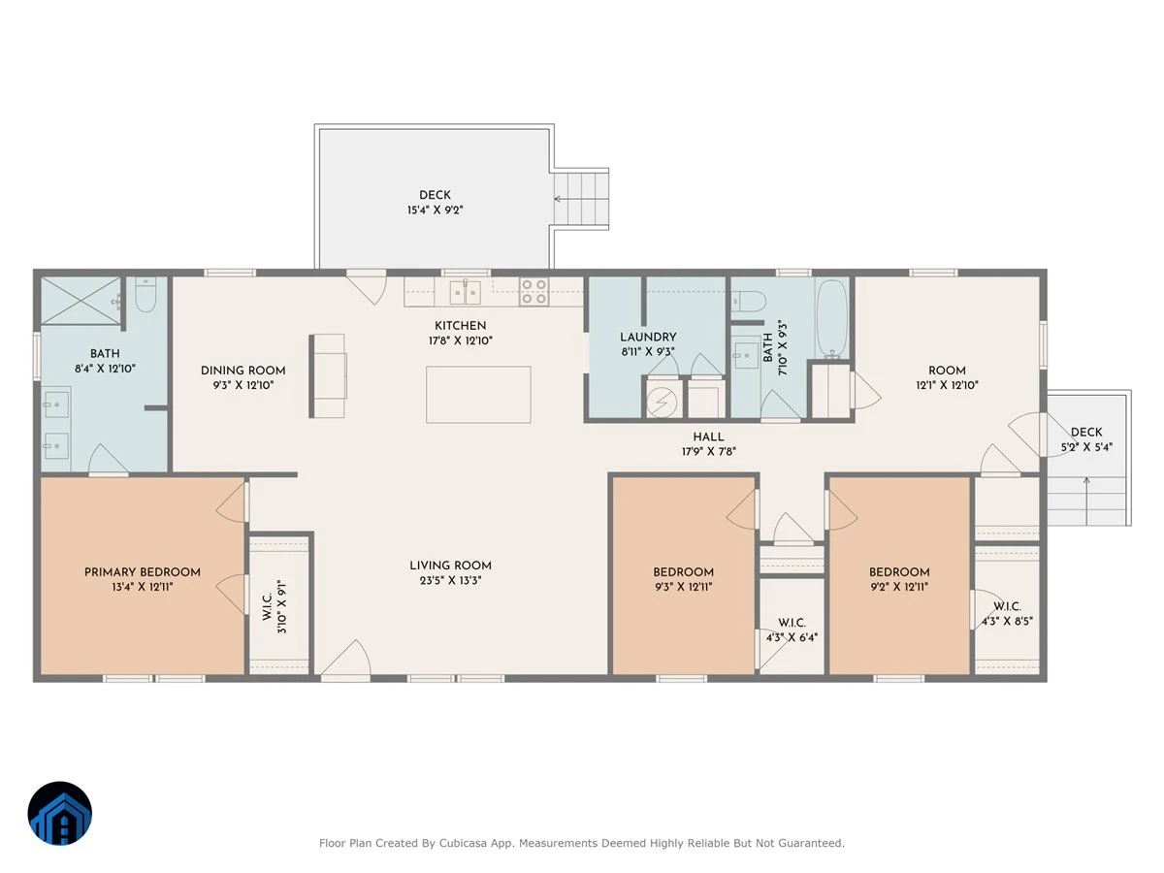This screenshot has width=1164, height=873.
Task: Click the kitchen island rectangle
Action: [478, 395]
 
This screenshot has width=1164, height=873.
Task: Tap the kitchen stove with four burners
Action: [533, 292]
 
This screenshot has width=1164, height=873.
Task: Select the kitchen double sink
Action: [465, 292]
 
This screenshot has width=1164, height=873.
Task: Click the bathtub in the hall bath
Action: [832, 317]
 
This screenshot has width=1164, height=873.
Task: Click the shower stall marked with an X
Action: [81, 300]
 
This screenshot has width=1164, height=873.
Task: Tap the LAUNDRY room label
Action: [648, 337]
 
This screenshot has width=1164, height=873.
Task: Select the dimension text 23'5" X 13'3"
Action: [450, 580]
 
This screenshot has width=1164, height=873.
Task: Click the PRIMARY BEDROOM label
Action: [143, 572]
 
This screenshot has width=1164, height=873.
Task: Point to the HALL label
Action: [708, 436]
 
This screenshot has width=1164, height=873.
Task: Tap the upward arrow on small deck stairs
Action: [1086, 501]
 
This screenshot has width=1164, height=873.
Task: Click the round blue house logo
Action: [60, 813]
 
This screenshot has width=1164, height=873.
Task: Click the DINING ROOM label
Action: [242, 371]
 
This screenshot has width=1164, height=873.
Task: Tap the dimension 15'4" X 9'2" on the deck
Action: [435, 210]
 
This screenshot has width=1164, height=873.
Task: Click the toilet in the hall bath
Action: [749, 302]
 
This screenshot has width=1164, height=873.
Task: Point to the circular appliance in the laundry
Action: [662, 402]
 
